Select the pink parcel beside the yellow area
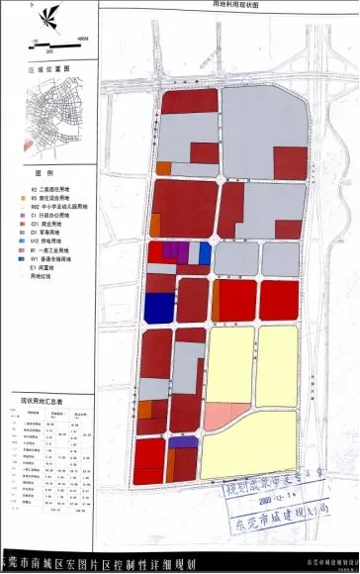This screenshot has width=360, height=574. point(216,416)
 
